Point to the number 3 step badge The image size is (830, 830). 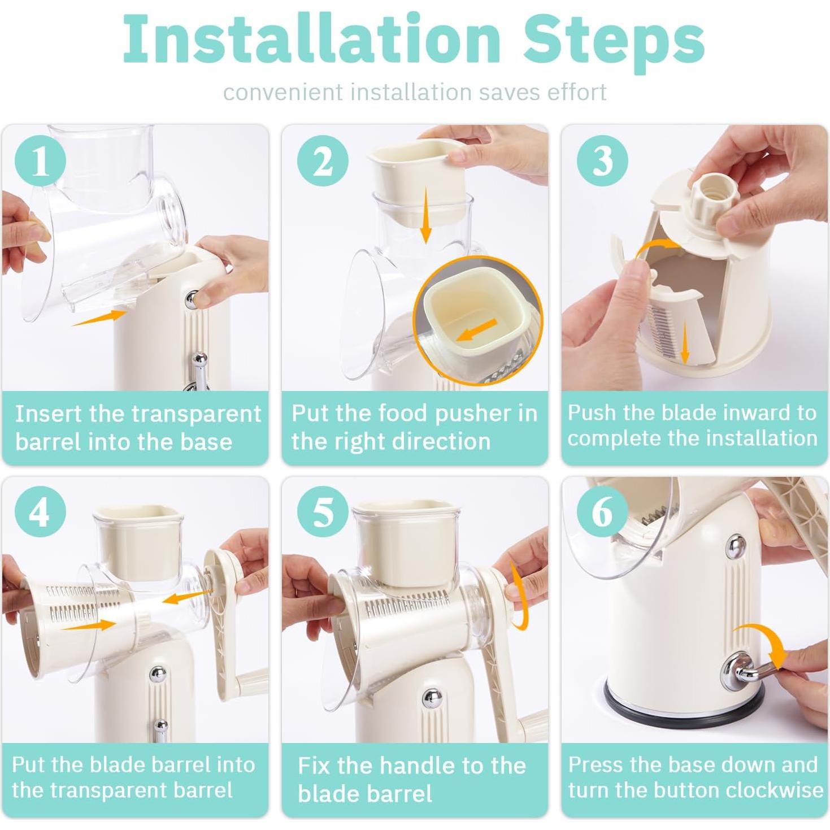(602, 160)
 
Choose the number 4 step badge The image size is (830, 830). (40, 513)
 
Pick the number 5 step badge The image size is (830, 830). (323, 513)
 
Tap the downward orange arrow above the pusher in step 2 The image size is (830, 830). (425, 215)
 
